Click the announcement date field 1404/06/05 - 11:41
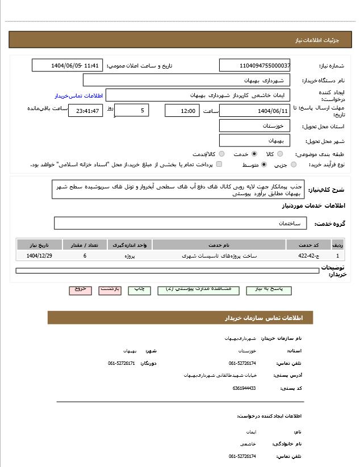(67, 66)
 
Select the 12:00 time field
(182, 111)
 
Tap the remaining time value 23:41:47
(85, 111)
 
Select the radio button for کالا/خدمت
(221, 154)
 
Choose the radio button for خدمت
(254, 154)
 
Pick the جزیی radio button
(294, 165)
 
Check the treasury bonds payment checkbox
(219, 165)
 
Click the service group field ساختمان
(181, 224)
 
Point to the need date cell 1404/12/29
(39, 256)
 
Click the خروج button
(80, 289)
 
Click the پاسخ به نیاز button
(269, 289)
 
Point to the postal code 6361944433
(244, 388)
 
